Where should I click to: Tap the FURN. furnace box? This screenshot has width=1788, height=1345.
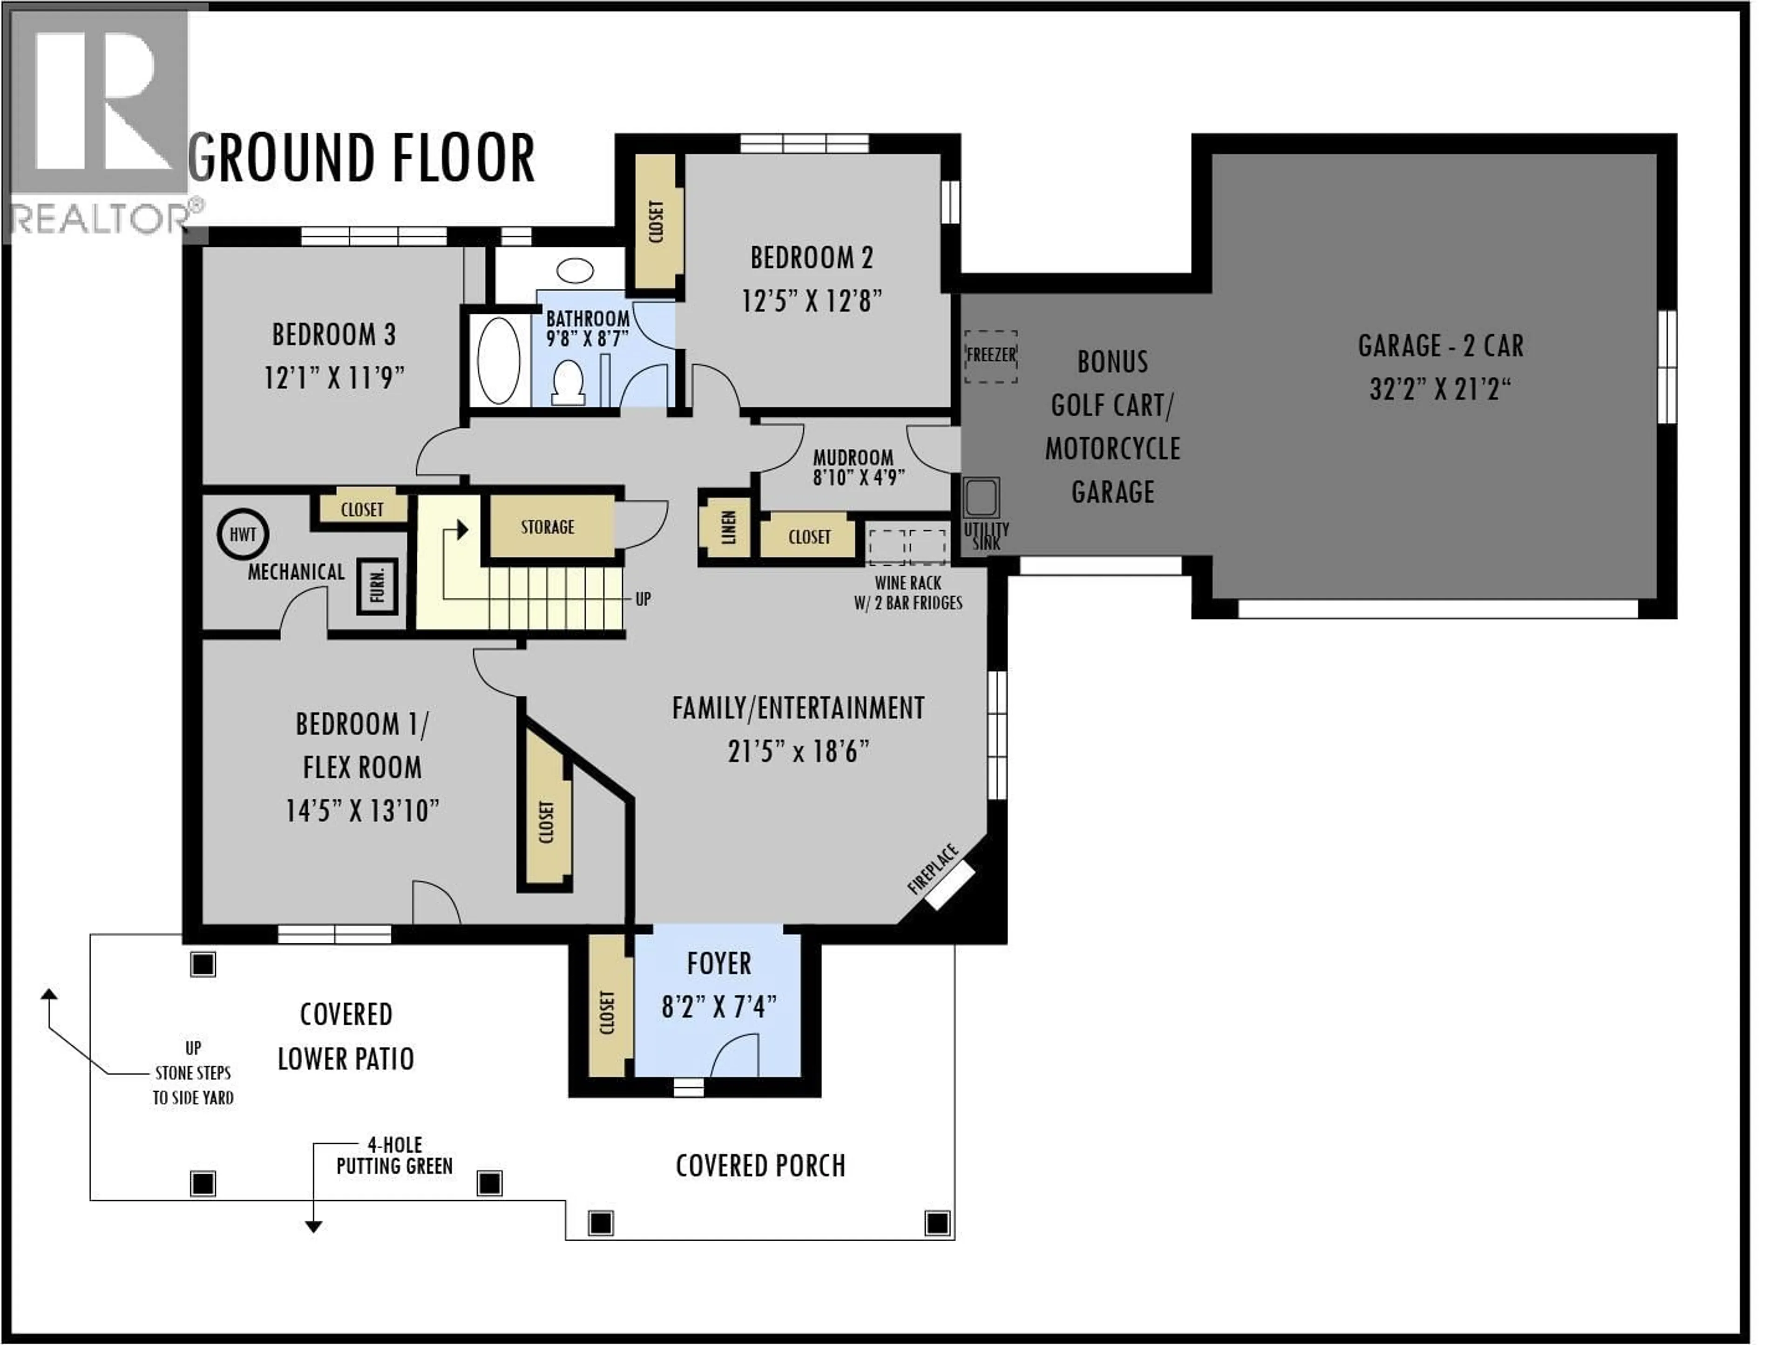click(x=378, y=587)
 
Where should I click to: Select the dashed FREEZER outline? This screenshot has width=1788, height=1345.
click(x=991, y=356)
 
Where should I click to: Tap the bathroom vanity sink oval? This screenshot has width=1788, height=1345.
click(x=575, y=270)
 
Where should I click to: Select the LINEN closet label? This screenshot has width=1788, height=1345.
click(x=727, y=527)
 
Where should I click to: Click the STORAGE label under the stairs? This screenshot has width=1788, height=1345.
click(x=547, y=527)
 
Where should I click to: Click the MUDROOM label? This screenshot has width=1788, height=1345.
click(x=853, y=458)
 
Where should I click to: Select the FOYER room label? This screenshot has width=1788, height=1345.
click(x=718, y=964)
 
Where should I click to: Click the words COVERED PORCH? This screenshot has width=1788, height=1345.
click(x=760, y=1166)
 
